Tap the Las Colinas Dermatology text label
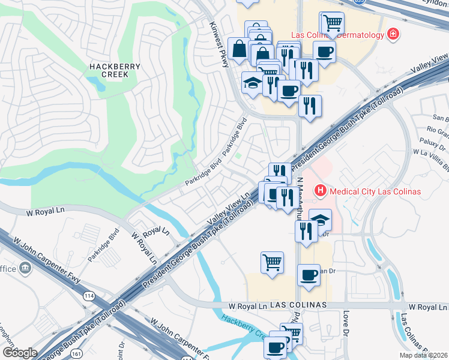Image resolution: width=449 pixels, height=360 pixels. click(337, 35)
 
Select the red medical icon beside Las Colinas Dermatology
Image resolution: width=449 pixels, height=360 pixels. click(393, 35)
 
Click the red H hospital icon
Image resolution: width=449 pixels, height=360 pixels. click(320, 191)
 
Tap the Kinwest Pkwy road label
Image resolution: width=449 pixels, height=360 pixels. click(219, 45)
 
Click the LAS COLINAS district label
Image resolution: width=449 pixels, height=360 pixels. click(298, 305)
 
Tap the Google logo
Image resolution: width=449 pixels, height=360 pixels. click(19, 352)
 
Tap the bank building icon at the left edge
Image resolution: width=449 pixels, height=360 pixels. click(25, 268)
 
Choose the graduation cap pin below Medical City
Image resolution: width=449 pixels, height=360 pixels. click(320, 220)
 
